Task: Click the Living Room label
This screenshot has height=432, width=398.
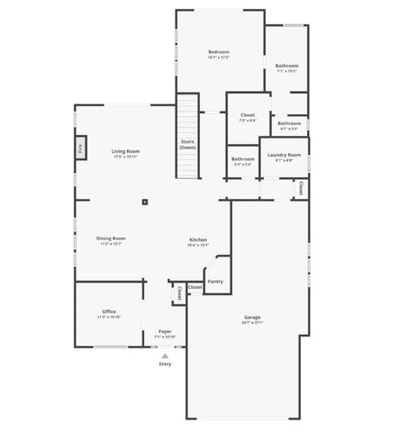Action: point(124,151)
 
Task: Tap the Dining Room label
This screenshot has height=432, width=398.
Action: point(111,238)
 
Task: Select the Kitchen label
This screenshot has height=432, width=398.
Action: point(198,239)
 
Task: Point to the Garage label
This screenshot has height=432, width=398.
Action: point(252,317)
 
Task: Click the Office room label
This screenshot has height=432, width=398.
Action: point(108,311)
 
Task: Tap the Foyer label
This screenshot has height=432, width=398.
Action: point(165,331)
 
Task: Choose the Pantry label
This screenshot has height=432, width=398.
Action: point(215,282)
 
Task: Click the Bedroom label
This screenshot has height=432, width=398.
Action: point(219,52)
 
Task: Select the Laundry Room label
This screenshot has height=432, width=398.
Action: point(283,156)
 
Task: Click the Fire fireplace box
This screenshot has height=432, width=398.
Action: point(79,147)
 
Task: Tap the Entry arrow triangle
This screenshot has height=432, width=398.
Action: point(165,355)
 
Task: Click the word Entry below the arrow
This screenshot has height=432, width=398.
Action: point(165,364)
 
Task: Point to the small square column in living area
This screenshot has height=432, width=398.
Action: point(144,202)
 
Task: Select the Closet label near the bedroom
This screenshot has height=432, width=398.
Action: point(248,115)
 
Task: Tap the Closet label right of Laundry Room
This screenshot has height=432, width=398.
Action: point(300,188)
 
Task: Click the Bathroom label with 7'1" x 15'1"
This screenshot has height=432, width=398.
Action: point(287,65)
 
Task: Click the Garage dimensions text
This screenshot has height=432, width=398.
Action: point(252,323)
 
